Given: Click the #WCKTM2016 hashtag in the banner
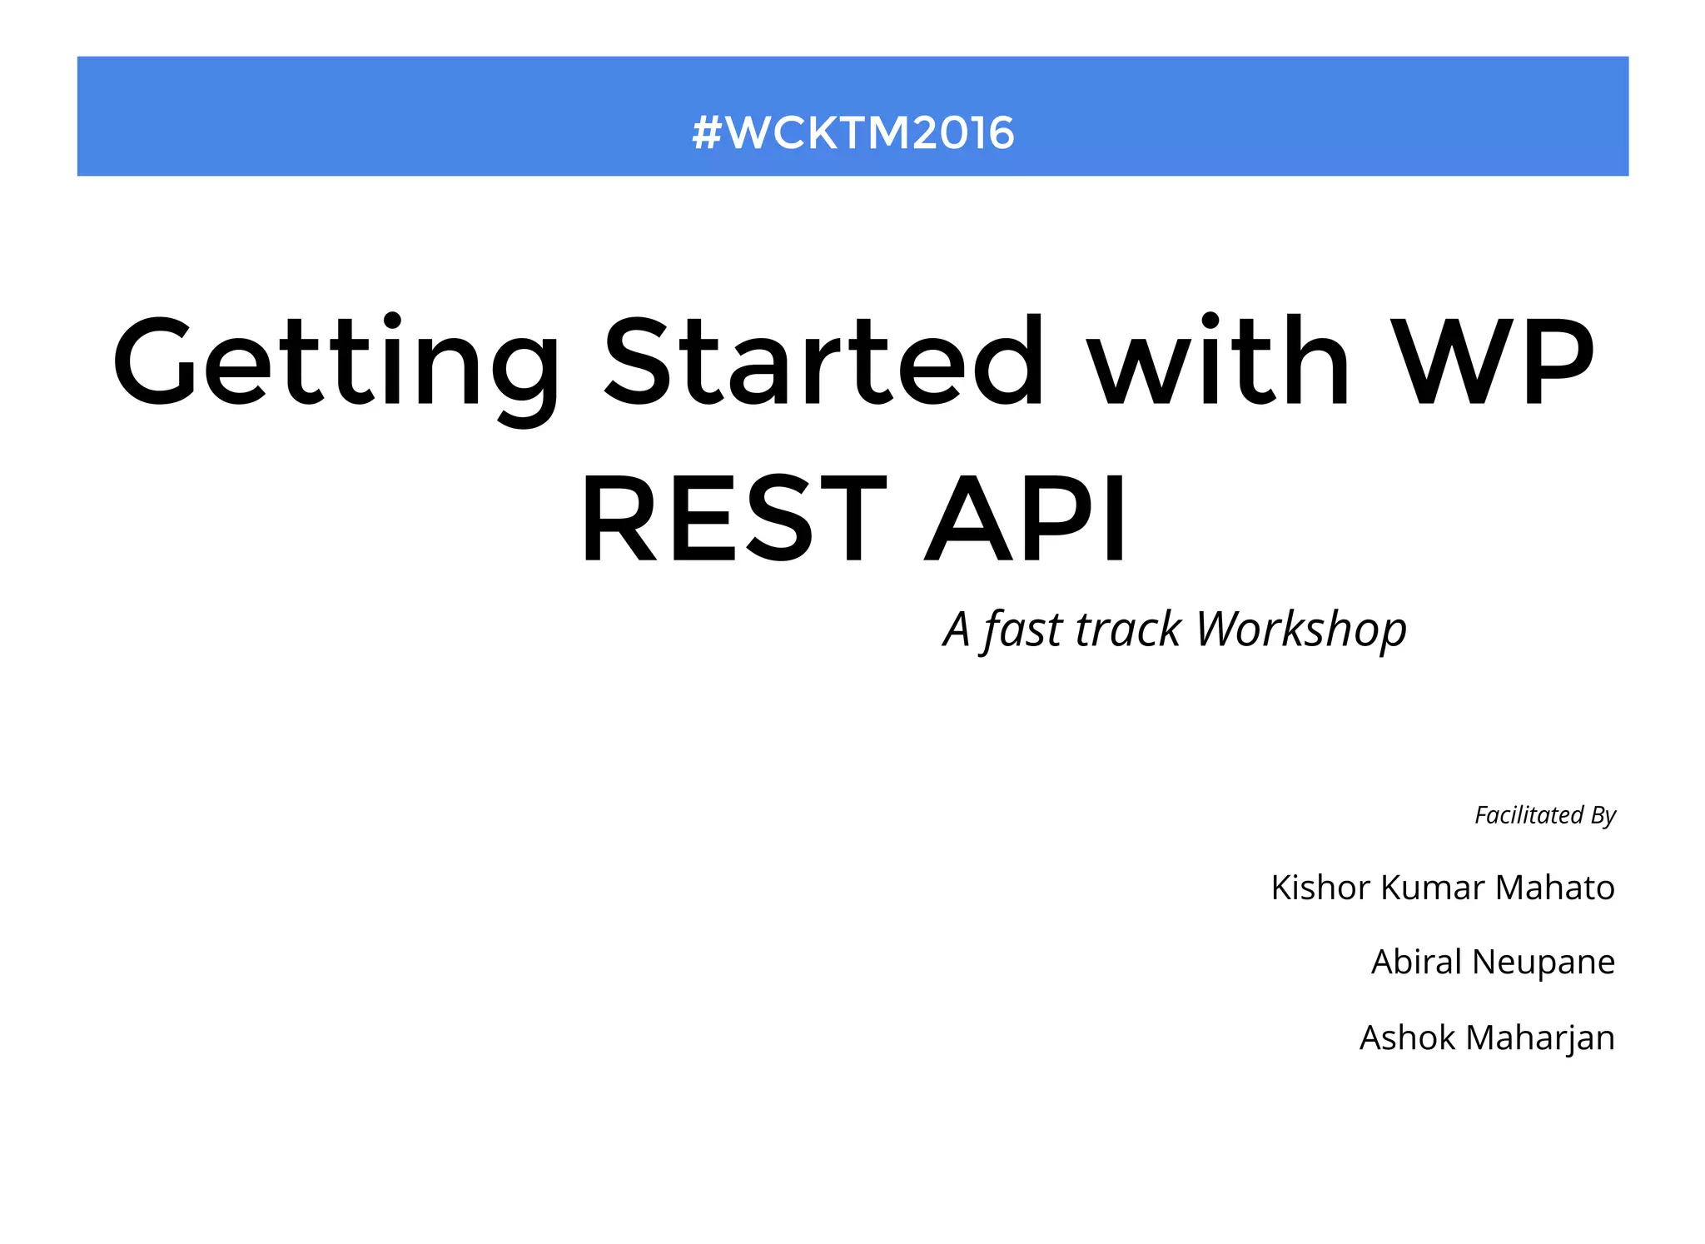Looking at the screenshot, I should tap(852, 133).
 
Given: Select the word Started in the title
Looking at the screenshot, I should tap(823, 361).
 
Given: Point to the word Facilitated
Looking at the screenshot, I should tap(1529, 814).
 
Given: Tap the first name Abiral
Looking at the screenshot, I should tap(1416, 962).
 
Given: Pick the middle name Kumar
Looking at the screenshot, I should tap(1433, 888).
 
